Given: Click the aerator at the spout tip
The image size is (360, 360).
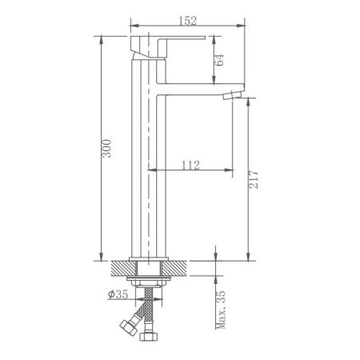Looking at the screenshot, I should click(x=232, y=96).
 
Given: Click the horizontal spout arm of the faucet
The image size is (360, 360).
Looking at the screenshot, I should click(x=192, y=89).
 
